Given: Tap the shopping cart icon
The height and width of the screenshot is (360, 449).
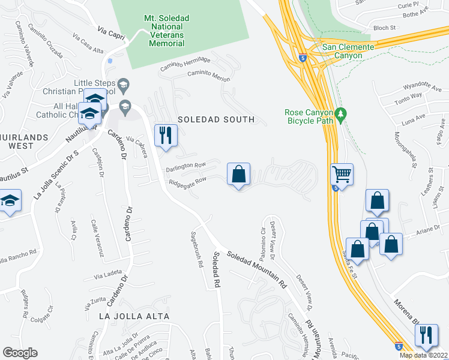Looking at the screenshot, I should coord(342,175).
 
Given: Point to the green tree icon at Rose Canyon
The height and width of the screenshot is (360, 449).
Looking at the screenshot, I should coord(340,113).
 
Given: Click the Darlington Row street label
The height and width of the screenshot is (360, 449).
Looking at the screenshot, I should coord(187,166).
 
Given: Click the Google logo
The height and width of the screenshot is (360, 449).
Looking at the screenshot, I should coord(20,353).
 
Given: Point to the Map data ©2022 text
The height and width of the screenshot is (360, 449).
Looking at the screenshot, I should coord(424,355).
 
